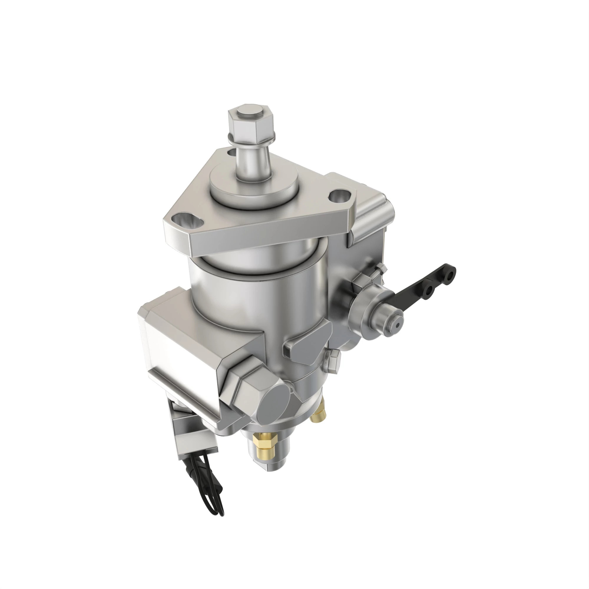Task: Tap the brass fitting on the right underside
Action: coord(319,415)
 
